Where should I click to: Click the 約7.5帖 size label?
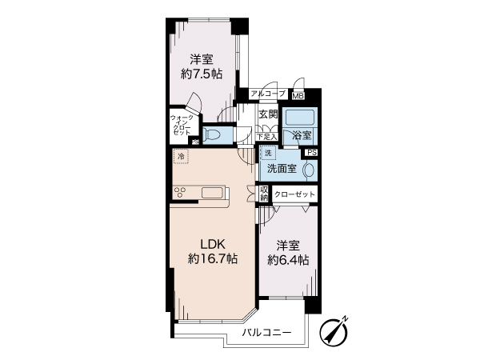coord(202,74)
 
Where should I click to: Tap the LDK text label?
coord(213,245)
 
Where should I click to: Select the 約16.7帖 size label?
coord(213,259)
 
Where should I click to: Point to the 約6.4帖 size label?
coord(288,260)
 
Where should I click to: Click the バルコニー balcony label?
coord(267,333)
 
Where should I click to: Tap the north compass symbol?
coord(334,331)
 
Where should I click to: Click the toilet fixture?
coord(211,134)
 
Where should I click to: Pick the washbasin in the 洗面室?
coord(308,170)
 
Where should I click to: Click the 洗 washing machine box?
coord(268,153)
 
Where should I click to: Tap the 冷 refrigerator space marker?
coord(181,157)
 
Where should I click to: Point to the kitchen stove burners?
coord(180,193)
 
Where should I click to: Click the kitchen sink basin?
coord(211,193)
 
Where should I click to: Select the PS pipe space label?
coord(312,153)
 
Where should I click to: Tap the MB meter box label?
coord(298,96)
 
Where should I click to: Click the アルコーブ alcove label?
coord(268,94)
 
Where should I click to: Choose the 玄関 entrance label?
coord(268,114)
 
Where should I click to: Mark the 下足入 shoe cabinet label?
coord(266,137)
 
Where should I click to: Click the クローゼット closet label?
coord(294,194)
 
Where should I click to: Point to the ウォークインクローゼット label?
coord(182,125)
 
